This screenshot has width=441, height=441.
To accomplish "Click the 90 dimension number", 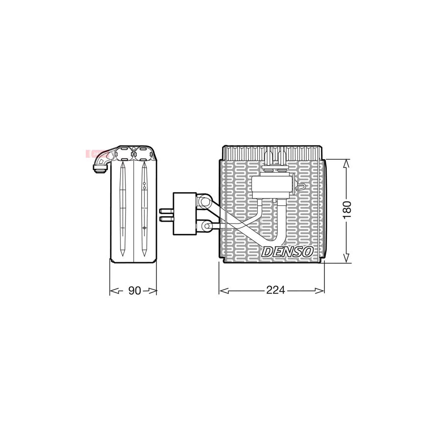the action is [134, 290].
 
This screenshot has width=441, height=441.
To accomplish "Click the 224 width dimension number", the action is [275, 290].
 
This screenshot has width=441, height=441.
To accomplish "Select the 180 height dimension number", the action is [347, 210].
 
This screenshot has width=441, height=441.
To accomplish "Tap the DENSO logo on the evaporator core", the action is [287, 251].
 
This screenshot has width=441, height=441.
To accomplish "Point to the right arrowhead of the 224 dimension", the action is [319, 291].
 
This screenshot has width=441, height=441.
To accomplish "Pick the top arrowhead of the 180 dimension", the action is [347, 164].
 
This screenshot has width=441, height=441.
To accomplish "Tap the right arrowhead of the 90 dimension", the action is [152, 291].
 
